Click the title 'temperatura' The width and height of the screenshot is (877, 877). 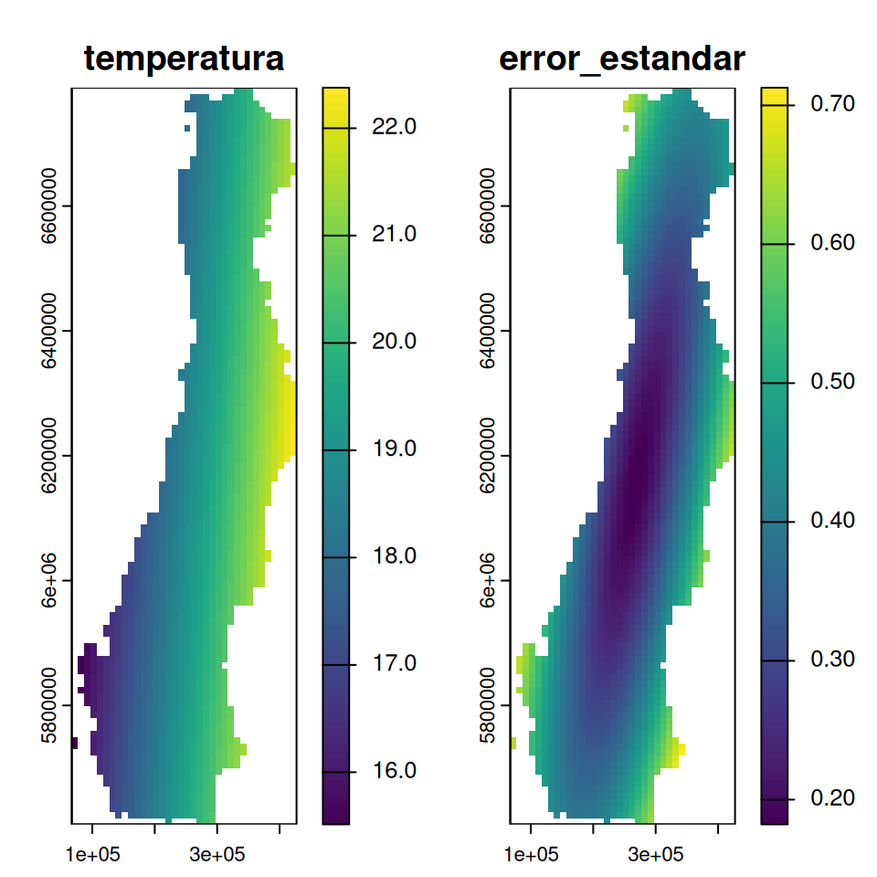click(184, 58)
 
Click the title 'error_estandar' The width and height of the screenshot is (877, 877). click(622, 58)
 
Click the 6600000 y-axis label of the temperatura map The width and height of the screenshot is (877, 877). click(51, 206)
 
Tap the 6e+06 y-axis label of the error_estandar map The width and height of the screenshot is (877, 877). click(489, 580)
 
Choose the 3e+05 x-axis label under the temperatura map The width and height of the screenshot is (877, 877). click(217, 855)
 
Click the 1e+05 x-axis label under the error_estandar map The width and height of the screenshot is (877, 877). click(531, 855)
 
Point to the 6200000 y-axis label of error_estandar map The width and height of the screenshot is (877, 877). click(489, 456)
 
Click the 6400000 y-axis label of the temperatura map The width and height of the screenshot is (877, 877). click(51, 331)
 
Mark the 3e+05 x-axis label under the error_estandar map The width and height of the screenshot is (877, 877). click(655, 855)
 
